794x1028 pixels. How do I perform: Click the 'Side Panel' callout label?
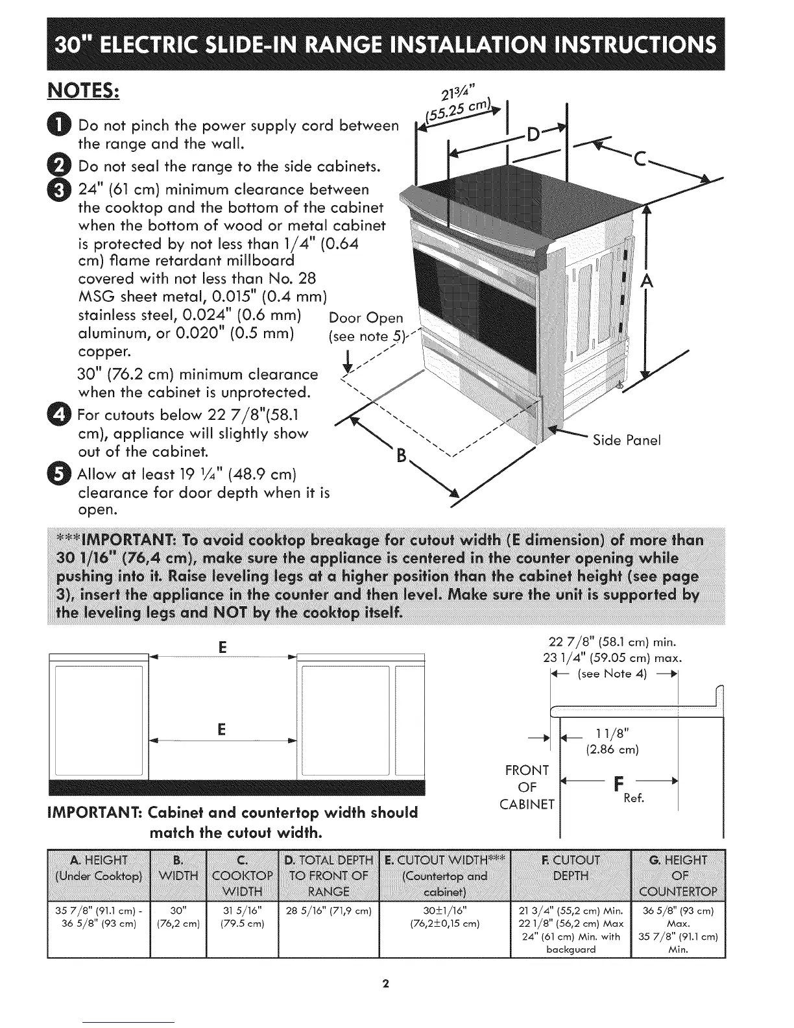(627, 440)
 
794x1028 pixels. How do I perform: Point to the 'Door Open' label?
(366, 319)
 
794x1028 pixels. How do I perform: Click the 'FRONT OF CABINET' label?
(531, 787)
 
